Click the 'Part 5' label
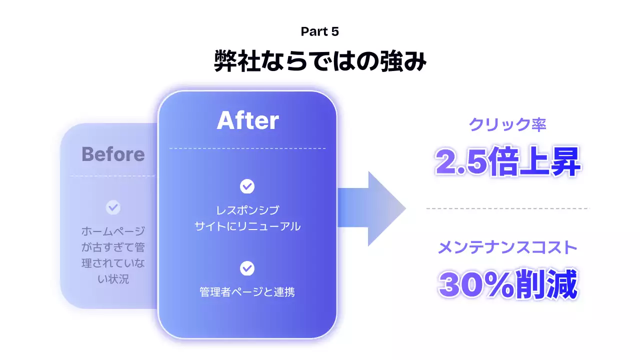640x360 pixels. click(x=320, y=31)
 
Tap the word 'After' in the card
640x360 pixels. click(x=247, y=120)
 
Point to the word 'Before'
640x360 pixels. click(x=113, y=154)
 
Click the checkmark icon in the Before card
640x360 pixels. click(x=113, y=207)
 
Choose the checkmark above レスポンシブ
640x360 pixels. click(x=247, y=186)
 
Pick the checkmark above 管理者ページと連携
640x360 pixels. click(x=247, y=268)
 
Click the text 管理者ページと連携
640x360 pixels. click(x=247, y=292)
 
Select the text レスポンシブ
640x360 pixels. click(x=247, y=210)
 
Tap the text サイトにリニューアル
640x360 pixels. click(x=247, y=226)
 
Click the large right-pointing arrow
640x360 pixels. click(x=372, y=208)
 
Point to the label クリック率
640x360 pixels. click(x=507, y=124)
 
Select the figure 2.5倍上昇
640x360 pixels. click(x=507, y=161)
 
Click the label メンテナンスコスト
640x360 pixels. click(x=507, y=247)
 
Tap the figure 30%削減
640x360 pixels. click(x=507, y=285)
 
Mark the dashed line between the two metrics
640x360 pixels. click(x=507, y=208)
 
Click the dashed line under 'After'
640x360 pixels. click(x=247, y=148)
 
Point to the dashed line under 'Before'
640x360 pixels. click(x=113, y=176)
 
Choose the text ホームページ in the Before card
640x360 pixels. click(x=113, y=231)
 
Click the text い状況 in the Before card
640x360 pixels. click(x=113, y=279)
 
